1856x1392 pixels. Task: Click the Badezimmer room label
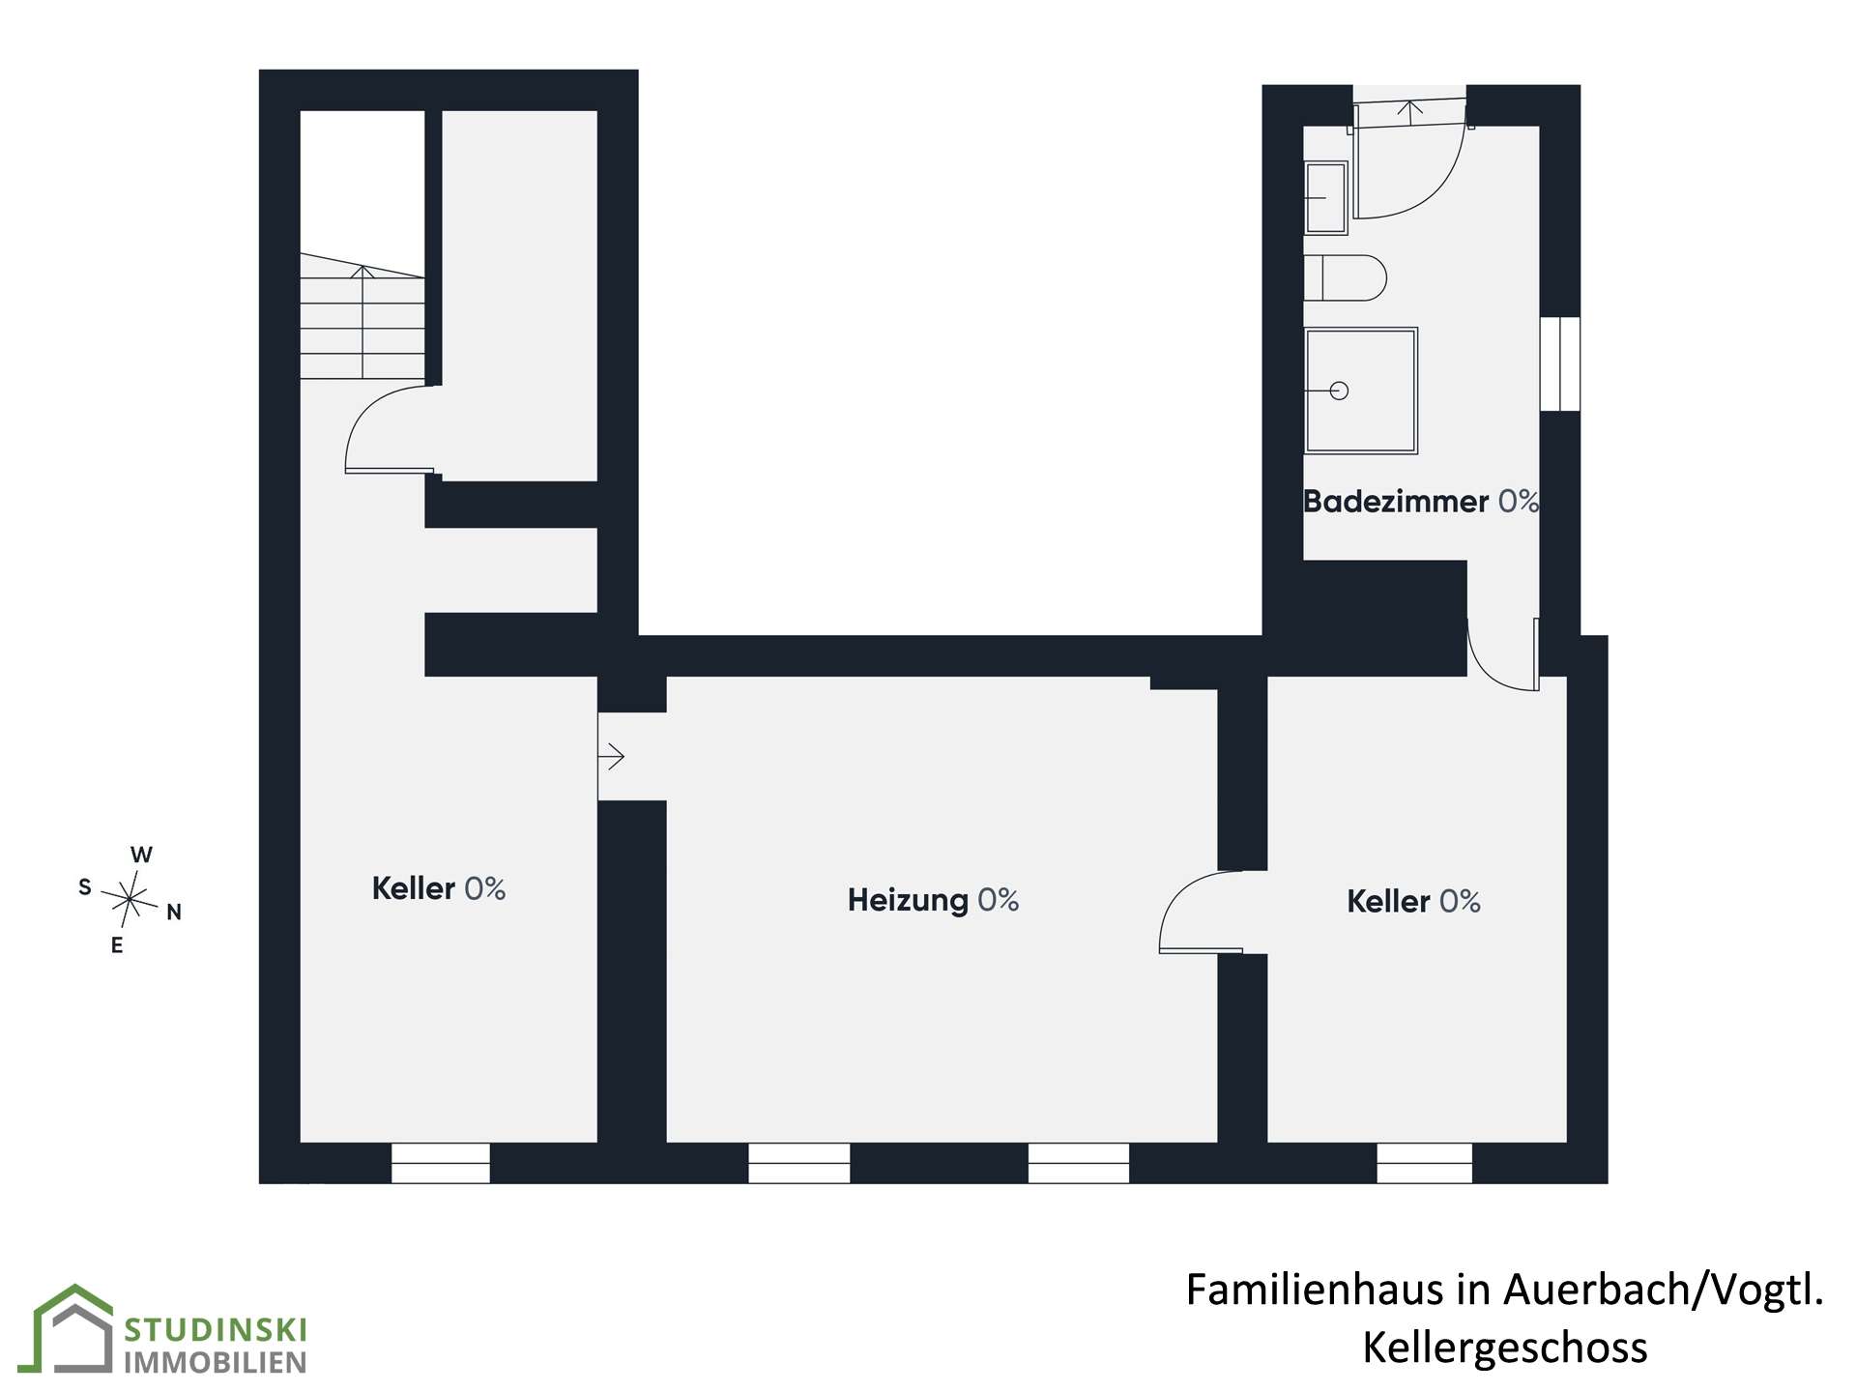[x=1420, y=501]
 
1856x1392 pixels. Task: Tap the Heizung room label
[x=933, y=900]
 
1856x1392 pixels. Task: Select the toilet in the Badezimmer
[x=1345, y=278]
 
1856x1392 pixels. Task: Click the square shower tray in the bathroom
[x=1360, y=391]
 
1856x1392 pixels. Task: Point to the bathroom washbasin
[x=1325, y=198]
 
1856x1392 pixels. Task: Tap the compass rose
[x=129, y=900]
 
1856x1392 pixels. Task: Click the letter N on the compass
[x=174, y=912]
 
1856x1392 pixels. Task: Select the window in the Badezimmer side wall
[x=1559, y=363]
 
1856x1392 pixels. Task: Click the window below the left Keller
[x=441, y=1163]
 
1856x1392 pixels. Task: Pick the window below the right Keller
[x=1425, y=1163]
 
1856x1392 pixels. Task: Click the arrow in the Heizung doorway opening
[x=612, y=756]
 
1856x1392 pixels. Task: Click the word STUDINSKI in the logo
[x=216, y=1330]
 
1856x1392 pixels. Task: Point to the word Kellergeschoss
[x=1505, y=1348]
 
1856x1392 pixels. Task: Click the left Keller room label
[x=439, y=888]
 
